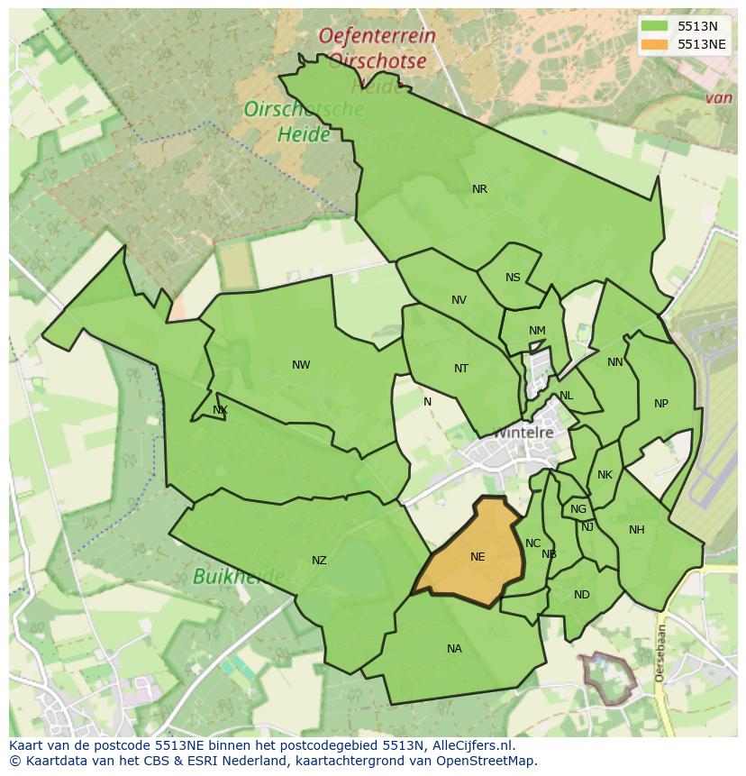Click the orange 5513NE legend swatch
coord(655,44)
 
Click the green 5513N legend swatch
coord(655,26)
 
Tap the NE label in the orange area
coord(478,557)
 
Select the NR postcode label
coord(479,189)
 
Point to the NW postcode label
coord(301,365)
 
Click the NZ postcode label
coord(319,561)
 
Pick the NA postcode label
coord(454,649)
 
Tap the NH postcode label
coord(637,530)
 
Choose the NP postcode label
coord(661,404)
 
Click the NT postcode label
coord(461,369)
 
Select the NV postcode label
coord(459,300)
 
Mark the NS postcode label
coord(513,278)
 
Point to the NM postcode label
coord(537,331)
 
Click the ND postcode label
coord(582,595)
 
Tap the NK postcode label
coord(605,475)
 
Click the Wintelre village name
coord(523,432)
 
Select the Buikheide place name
coord(239,576)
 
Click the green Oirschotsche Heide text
coord(304,122)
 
